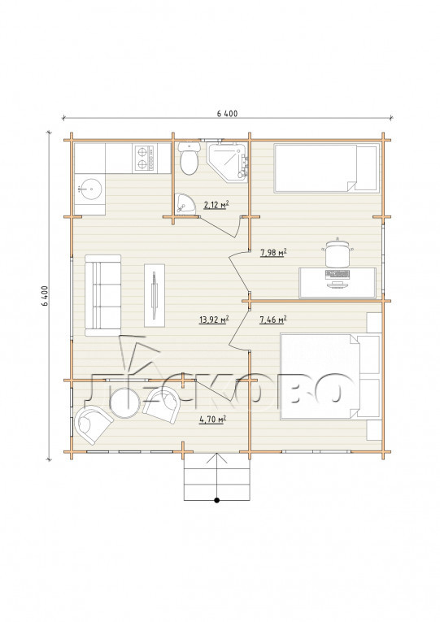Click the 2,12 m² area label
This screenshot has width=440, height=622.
(216, 205)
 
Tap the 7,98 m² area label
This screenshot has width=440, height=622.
(273, 252)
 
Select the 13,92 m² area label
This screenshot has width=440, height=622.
(214, 320)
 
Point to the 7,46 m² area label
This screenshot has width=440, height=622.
(273, 319)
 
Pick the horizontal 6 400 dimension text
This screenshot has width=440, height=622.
(228, 114)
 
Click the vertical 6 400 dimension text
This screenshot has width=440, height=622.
(44, 295)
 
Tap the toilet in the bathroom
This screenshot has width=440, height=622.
(189, 159)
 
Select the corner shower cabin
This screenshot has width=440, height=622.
(228, 162)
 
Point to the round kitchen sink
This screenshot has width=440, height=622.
(90, 189)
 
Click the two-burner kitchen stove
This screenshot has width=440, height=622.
(144, 158)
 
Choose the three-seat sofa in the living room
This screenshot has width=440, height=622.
(102, 295)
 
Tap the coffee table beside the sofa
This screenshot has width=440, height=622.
(155, 295)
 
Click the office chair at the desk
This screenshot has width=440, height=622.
(338, 253)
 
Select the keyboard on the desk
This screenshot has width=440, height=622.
(338, 274)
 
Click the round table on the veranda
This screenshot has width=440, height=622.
(124, 402)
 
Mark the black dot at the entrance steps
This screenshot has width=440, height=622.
(216, 500)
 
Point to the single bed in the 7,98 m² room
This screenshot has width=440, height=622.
(326, 168)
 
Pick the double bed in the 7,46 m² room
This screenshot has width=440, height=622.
(330, 376)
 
